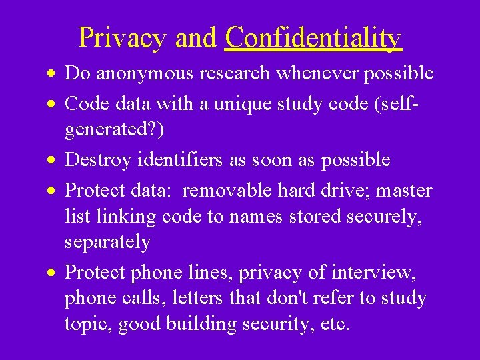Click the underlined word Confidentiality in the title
[x=313, y=38]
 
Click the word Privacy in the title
[x=122, y=38]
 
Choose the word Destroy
[x=97, y=159]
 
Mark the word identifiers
[x=175, y=159]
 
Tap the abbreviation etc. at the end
[x=331, y=324]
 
